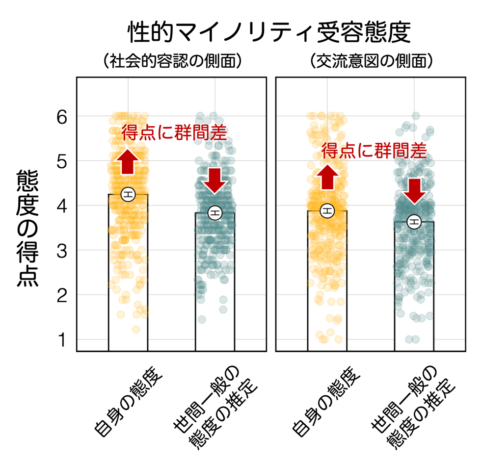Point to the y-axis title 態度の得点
[28, 228]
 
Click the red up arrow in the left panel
[128, 161]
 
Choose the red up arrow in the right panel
[327, 177]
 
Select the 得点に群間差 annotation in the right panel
[374, 151]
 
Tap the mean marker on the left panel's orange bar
[128, 194]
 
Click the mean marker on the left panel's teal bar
[215, 212]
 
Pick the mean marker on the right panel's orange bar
[327, 211]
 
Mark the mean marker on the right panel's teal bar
[415, 222]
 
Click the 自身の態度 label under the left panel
[129, 403]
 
